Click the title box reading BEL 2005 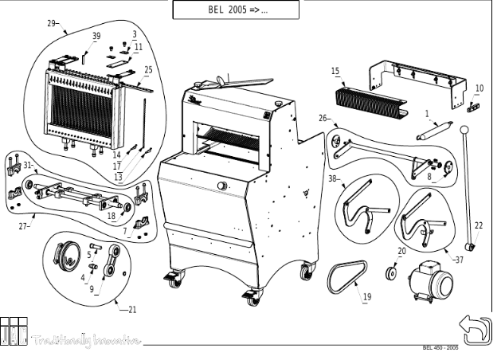click(236, 10)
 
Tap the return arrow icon click(476, 330)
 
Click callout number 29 click(53, 24)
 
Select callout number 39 click(96, 37)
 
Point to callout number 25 click(148, 70)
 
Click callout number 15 click(335, 72)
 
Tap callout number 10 click(479, 88)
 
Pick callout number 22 click(478, 225)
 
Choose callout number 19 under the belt click(367, 297)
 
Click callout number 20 click(401, 251)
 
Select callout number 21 click(132, 310)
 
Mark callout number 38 click(333, 178)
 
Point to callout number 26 click(323, 118)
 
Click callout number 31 click(28, 165)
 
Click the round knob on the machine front click(221, 187)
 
